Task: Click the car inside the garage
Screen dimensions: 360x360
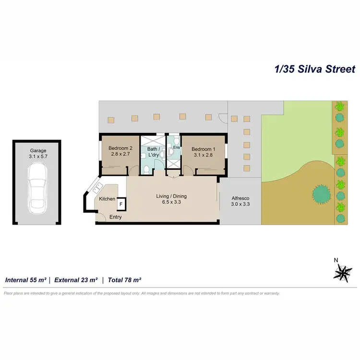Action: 37,188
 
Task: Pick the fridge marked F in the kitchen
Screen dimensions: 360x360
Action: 121,204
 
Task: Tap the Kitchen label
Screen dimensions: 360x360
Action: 107,199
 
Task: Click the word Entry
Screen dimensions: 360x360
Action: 116,217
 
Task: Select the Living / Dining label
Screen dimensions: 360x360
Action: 171,196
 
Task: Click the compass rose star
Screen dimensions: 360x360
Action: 342,273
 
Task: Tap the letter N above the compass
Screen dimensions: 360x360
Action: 336,260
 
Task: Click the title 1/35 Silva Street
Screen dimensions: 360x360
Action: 315,69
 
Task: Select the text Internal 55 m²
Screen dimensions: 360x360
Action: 25,279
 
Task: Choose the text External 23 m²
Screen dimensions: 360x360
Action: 76,279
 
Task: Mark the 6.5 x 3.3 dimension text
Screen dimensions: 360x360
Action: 171,202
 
